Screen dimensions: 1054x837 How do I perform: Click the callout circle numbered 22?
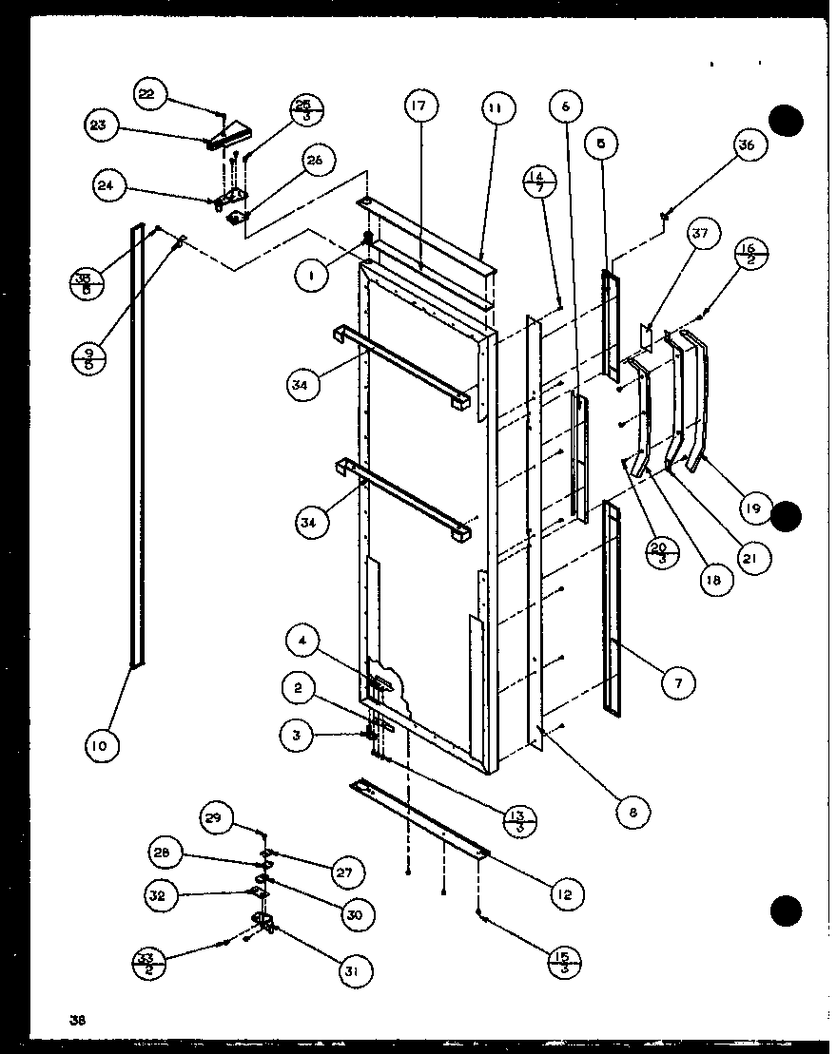pyautogui.click(x=149, y=94)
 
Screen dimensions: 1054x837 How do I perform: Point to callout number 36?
pyautogui.click(x=747, y=145)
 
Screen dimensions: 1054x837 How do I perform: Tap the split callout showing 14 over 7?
pyautogui.click(x=538, y=182)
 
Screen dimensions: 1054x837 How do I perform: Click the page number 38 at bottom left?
pyautogui.click(x=76, y=1020)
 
